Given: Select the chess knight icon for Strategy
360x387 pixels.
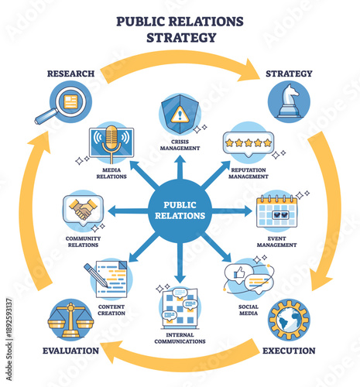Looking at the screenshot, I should [x=288, y=101].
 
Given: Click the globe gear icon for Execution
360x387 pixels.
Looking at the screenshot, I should [x=289, y=319].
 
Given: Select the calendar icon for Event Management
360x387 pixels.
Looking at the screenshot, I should [x=278, y=210].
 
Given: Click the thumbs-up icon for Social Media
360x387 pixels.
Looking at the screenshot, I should [x=239, y=272].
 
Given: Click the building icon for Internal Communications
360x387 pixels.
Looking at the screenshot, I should [x=179, y=309].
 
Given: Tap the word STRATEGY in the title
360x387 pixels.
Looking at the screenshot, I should [x=180, y=36].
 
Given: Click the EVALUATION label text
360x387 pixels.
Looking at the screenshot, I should [x=70, y=351].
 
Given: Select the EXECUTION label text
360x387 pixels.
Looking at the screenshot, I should [x=289, y=351].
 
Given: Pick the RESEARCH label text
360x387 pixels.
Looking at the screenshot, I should [x=70, y=74].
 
